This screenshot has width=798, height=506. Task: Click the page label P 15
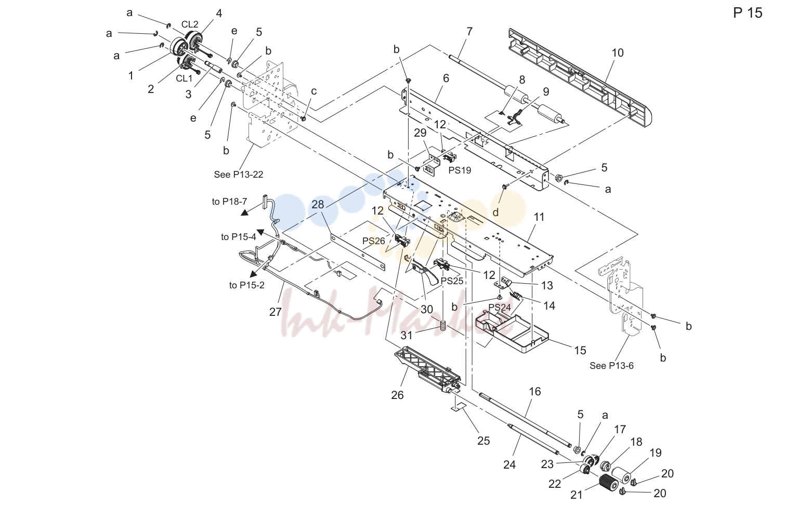748,13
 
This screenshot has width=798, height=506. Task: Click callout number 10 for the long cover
618,53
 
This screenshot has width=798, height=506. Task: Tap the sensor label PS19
460,170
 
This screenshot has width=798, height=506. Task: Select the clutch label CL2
190,24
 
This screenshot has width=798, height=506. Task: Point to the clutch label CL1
184,78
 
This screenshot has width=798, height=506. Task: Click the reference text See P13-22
238,175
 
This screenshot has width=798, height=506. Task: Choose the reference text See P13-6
611,366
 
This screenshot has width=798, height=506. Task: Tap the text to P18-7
229,202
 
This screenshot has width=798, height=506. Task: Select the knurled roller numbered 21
608,482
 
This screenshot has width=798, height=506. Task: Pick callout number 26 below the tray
397,395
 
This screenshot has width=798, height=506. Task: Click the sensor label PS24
500,308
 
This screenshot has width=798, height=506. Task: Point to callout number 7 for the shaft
469,31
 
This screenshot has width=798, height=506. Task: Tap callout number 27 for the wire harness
276,312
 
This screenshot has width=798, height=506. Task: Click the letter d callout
495,213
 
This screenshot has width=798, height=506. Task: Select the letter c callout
314,91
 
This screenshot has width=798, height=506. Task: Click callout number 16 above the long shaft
535,392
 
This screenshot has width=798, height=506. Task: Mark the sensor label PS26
374,241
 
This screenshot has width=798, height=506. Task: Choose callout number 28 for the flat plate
318,204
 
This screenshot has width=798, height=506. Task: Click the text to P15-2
246,285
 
